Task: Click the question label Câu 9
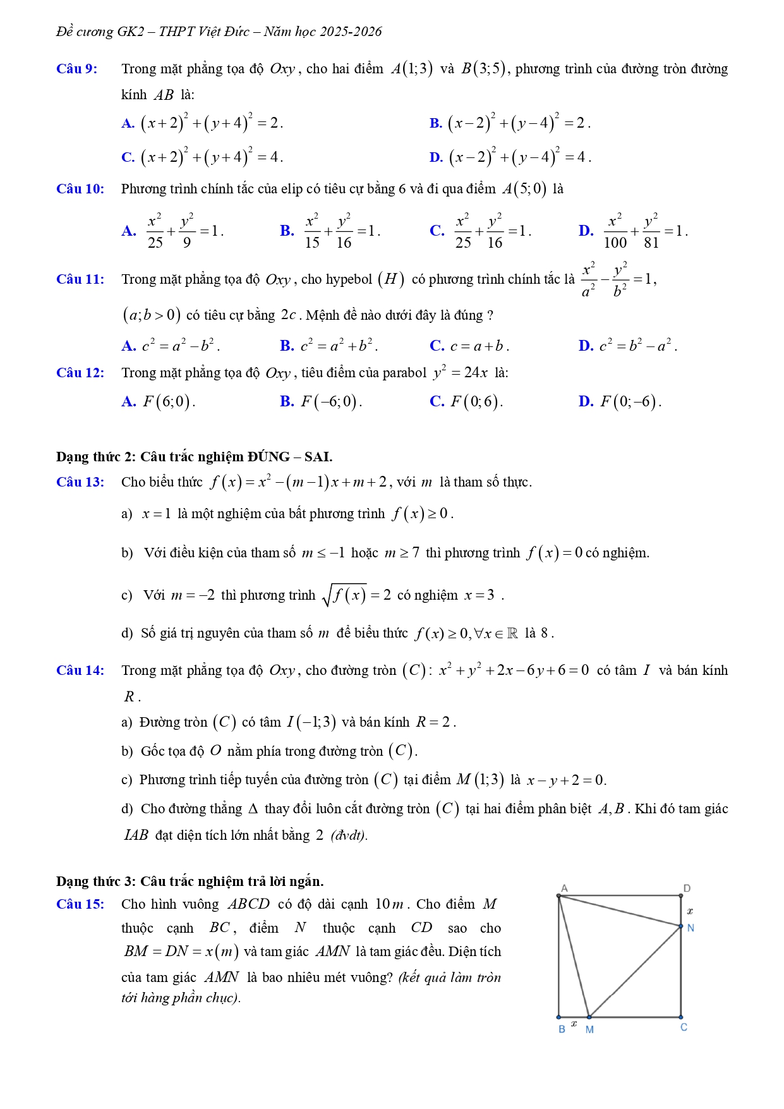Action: click(x=76, y=69)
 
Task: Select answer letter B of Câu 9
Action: click(x=435, y=123)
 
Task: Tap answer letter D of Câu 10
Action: click(x=585, y=231)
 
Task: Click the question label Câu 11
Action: click(x=80, y=279)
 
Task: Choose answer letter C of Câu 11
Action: click(x=437, y=346)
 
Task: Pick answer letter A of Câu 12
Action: click(x=128, y=401)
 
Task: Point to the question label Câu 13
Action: click(x=80, y=482)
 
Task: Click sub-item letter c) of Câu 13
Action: click(x=127, y=595)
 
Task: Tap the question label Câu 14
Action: click(x=80, y=670)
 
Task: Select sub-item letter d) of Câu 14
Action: click(x=127, y=809)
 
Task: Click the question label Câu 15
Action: click(x=80, y=904)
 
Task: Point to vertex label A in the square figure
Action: click(x=564, y=888)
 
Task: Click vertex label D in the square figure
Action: click(x=687, y=888)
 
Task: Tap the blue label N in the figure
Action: click(x=691, y=928)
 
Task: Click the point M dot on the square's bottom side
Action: click(x=589, y=1017)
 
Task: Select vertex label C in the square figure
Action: click(x=684, y=1027)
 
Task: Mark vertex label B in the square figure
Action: click(x=562, y=1029)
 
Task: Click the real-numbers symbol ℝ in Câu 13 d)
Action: click(x=512, y=633)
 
